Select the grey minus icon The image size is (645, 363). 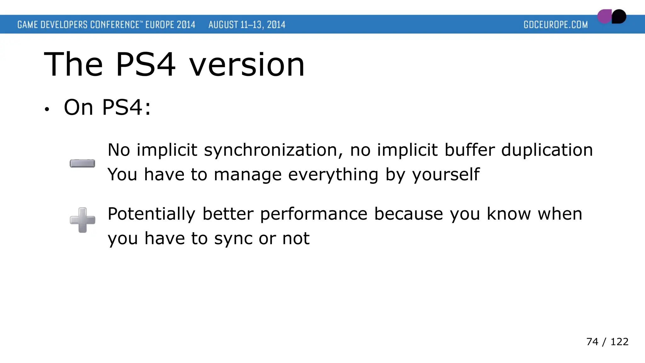pos(83,164)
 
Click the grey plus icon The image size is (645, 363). pos(83,220)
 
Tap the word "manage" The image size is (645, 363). pos(248,175)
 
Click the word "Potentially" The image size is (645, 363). pos(151,214)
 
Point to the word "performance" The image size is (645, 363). pos(314,214)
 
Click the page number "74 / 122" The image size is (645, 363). pos(607,342)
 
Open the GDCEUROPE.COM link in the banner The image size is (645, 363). pos(556,25)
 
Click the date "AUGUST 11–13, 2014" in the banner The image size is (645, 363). pos(247,25)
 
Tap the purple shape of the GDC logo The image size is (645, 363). pos(604,17)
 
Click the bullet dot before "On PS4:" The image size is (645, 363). pos(47,109)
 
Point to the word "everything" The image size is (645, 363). pos(333,175)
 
